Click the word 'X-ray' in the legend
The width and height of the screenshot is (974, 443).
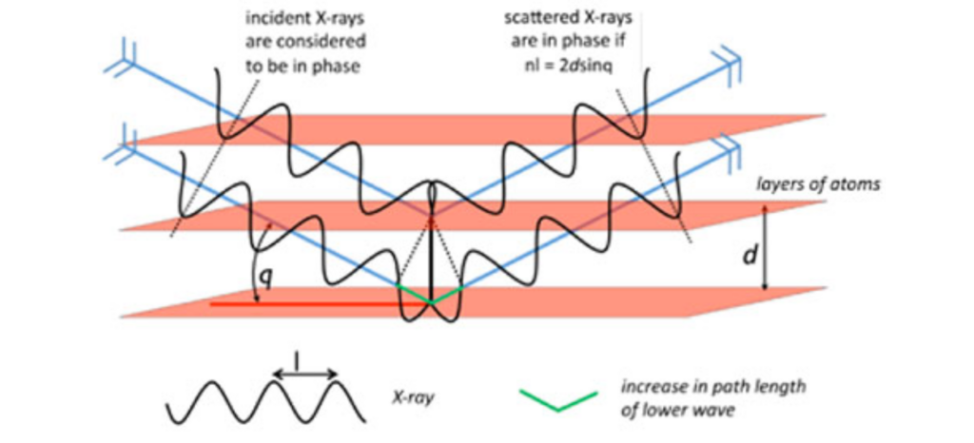pos(413,400)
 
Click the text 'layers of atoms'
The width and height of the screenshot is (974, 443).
pos(818,184)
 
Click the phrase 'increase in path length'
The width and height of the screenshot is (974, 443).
pos(712,387)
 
